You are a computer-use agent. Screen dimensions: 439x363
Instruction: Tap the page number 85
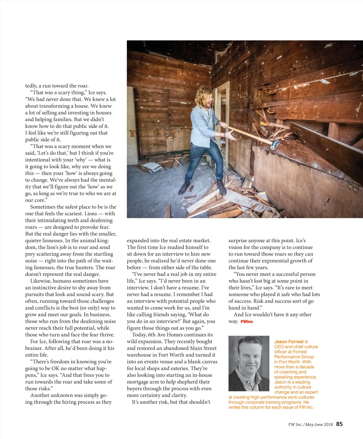pyautogui.click(x=339, y=424)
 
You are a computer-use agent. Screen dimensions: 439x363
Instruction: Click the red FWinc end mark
pyautogui.click(x=247, y=322)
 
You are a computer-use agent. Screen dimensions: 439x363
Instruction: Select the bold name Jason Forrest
pyautogui.click(x=289, y=342)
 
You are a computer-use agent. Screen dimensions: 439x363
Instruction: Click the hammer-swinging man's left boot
pyautogui.click(x=222, y=188)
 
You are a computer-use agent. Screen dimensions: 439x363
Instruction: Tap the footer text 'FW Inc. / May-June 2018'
pyautogui.click(x=310, y=424)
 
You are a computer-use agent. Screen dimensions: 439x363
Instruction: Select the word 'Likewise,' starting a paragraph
pyautogui.click(x=41, y=281)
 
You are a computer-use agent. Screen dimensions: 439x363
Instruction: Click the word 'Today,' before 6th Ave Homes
pyautogui.click(x=139, y=335)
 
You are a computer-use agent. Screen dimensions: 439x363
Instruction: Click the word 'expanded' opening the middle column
pyautogui.click(x=138, y=240)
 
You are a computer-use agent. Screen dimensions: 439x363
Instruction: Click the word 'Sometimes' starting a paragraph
pyautogui.click(x=43, y=207)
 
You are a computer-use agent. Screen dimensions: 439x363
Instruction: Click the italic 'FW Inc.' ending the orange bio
pyautogui.click(x=306, y=407)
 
